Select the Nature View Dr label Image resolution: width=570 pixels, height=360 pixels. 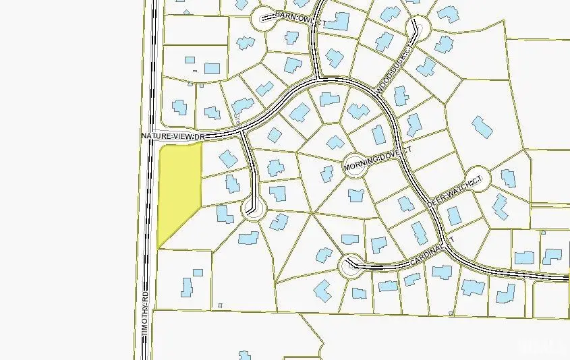172,136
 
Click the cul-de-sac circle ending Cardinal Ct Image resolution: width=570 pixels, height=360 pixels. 349,267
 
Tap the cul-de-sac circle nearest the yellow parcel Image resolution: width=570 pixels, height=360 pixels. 254,211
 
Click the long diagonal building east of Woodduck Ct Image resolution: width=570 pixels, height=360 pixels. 482,127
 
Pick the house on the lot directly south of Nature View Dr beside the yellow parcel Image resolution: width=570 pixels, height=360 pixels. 227,159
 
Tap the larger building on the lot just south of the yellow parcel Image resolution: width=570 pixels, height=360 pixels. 187,286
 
